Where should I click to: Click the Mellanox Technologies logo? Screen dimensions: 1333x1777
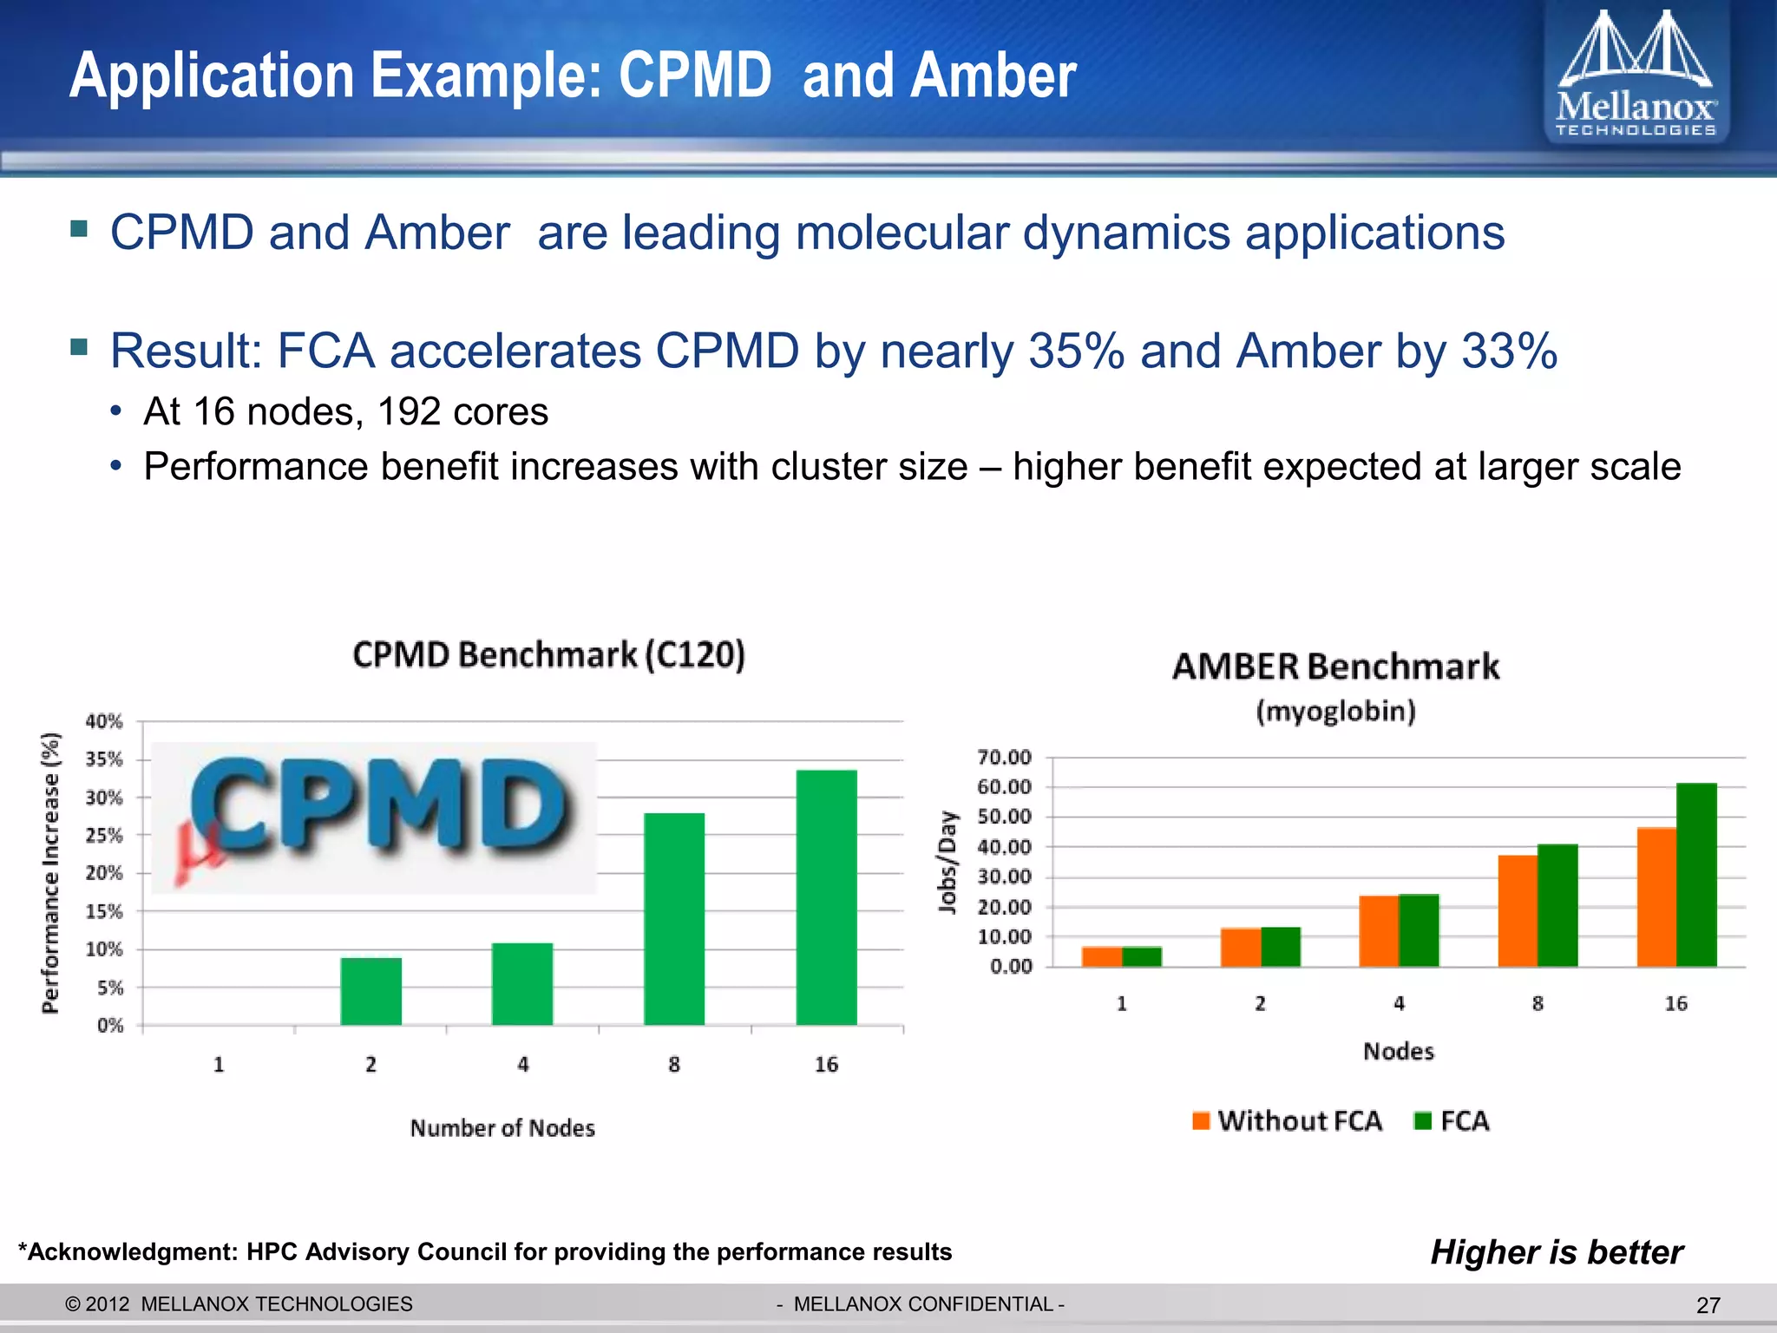tap(1636, 76)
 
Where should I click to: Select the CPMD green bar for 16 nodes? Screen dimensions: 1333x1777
tap(826, 898)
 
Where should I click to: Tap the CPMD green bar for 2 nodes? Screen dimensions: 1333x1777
tap(370, 991)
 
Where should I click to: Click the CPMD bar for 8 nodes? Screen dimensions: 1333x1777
tap(674, 919)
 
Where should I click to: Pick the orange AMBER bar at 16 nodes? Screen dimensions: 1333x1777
tap(1656, 897)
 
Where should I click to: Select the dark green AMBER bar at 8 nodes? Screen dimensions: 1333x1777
tap(1557, 905)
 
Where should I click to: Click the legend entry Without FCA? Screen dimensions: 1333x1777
tap(1288, 1120)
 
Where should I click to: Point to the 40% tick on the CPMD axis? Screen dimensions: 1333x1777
tap(104, 721)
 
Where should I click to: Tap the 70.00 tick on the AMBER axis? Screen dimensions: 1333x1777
tap(1004, 758)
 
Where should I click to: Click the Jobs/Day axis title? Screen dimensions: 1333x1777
tap(948, 862)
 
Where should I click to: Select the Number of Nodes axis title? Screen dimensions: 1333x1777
tap(502, 1127)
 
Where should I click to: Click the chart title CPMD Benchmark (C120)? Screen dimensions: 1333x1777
tap(548, 654)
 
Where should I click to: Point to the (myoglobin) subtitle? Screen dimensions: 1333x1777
tap(1335, 712)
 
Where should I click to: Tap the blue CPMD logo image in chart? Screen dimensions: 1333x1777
tap(375, 816)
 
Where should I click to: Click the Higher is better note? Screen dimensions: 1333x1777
tap(1557, 1251)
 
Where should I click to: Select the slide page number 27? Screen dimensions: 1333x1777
tap(1708, 1305)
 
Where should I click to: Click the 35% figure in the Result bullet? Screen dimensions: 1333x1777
tap(1076, 351)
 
